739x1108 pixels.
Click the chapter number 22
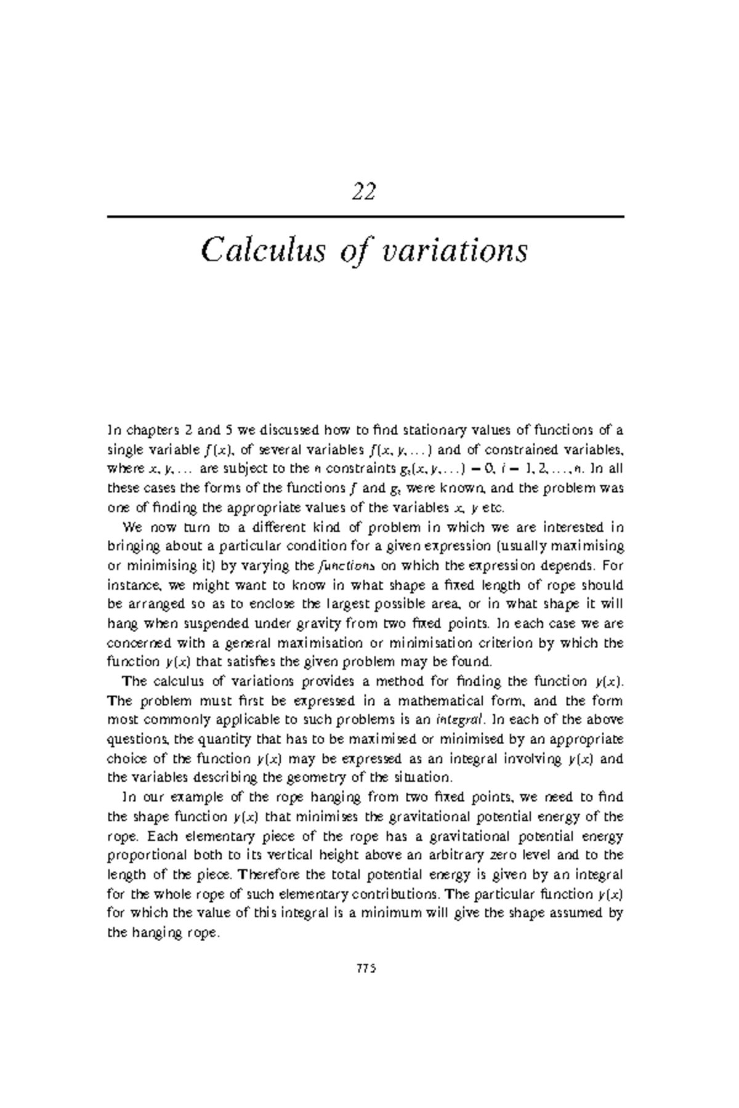364,193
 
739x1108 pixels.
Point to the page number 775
366,968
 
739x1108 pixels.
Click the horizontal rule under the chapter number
366,217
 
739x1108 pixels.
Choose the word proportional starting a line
145,855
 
